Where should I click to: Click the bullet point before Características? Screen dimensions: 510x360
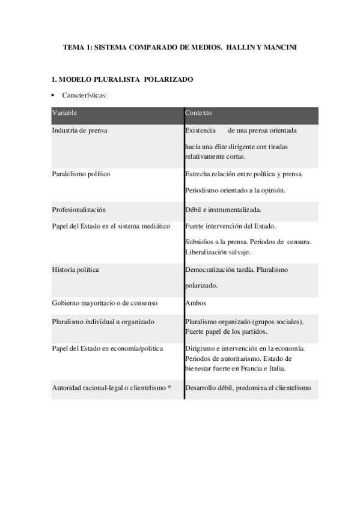54,96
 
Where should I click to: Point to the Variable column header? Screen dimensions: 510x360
64,113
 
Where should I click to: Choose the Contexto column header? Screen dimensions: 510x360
198,113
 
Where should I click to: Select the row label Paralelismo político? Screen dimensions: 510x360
81,174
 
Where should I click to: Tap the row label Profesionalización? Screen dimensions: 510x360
79,210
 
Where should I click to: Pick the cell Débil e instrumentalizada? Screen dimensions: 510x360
223,210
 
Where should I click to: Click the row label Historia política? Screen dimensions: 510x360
75,269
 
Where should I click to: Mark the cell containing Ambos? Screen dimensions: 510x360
195,303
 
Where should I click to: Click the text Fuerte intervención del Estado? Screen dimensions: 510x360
231,226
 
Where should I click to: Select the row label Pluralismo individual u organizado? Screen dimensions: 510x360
103,322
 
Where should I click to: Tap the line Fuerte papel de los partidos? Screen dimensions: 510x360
226,331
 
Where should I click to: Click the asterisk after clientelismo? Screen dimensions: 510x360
170,388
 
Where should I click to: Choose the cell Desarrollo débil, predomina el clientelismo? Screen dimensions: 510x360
248,388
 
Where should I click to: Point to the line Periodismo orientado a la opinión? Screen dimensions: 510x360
235,190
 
